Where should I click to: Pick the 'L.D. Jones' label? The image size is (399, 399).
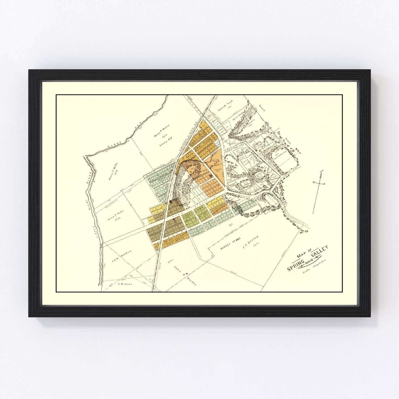point(125,284)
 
